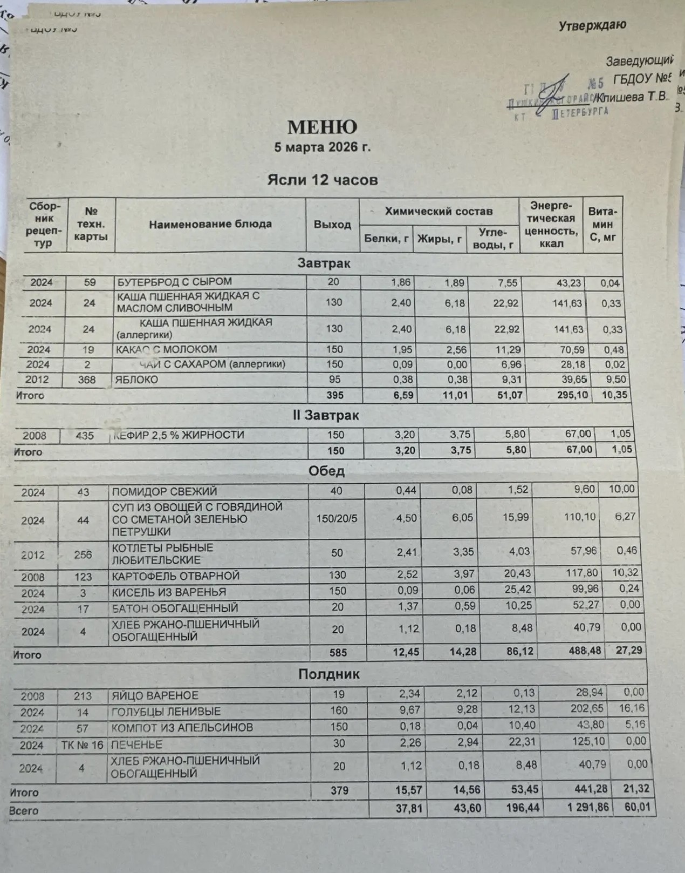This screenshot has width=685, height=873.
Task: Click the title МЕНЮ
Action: pyautogui.click(x=322, y=127)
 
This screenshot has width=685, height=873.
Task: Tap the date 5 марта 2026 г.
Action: pyautogui.click(x=322, y=147)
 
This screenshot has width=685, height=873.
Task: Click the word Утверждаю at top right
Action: pyautogui.click(x=592, y=25)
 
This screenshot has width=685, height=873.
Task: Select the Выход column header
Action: pyautogui.click(x=332, y=225)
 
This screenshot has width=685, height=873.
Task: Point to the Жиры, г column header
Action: pyautogui.click(x=440, y=239)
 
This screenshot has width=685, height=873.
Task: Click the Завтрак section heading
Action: pyautogui.click(x=324, y=263)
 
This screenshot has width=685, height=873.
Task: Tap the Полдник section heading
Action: pyautogui.click(x=329, y=674)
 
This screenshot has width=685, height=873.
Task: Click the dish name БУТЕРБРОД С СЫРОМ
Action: pyautogui.click(x=175, y=282)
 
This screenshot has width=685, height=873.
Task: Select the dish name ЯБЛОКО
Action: pyautogui.click(x=137, y=380)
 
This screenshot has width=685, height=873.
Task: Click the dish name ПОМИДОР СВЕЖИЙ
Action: pyautogui.click(x=165, y=491)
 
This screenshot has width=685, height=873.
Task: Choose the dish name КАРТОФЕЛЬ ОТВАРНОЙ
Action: pyautogui.click(x=176, y=576)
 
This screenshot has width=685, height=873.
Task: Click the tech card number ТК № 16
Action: pyautogui.click(x=82, y=745)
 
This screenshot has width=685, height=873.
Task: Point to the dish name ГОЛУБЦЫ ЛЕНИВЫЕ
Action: pyautogui.click(x=166, y=712)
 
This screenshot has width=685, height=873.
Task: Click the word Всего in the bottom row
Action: pyautogui.click(x=24, y=811)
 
